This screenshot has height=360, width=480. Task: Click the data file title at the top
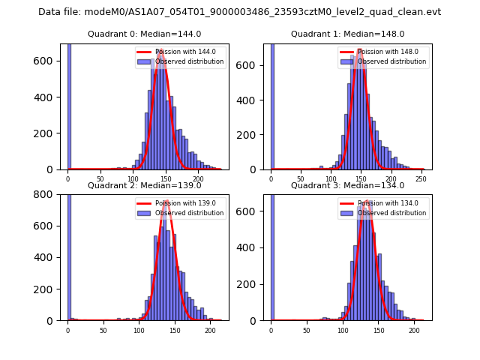pos(239,12)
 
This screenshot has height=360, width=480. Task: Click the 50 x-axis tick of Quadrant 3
pos(306,331)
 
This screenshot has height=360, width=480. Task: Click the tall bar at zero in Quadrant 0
pos(69,105)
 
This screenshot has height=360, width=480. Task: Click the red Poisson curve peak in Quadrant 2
pos(166,201)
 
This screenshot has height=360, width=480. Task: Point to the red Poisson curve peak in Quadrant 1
pos(359,50)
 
